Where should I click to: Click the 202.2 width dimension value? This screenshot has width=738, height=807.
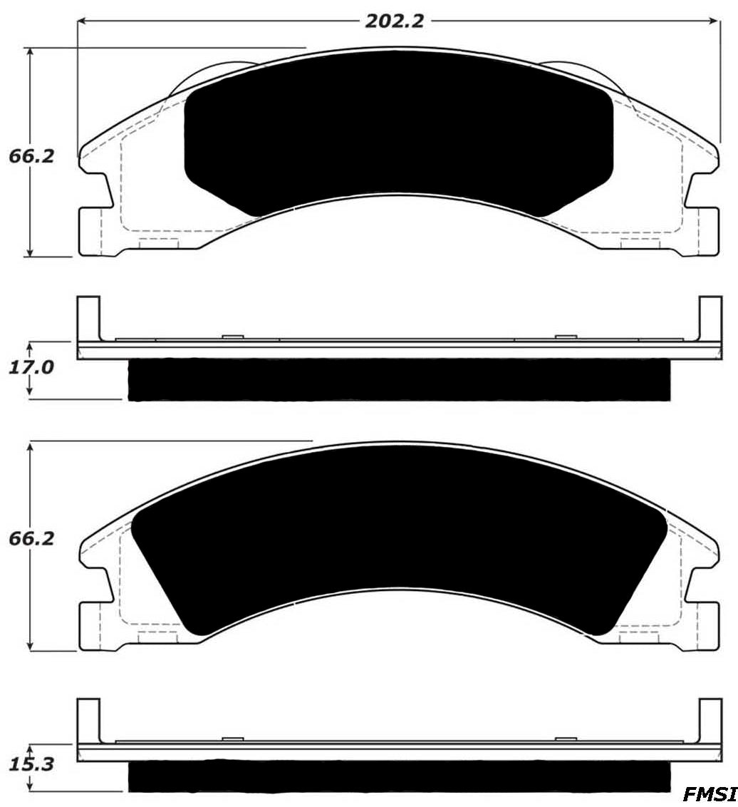(x=395, y=21)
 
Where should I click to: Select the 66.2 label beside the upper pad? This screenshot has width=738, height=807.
(x=31, y=155)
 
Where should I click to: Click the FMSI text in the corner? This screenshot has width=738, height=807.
(x=709, y=794)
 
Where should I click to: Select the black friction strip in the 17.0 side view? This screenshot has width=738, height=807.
(x=399, y=379)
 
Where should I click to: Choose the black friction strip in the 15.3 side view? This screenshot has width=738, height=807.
(x=399, y=776)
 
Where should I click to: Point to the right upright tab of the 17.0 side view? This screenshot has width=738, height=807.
(x=710, y=317)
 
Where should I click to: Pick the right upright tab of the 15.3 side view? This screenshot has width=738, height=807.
(x=710, y=720)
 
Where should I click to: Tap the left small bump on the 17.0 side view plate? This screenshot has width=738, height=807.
(x=233, y=336)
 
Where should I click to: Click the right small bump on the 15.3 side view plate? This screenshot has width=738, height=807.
(x=565, y=739)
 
